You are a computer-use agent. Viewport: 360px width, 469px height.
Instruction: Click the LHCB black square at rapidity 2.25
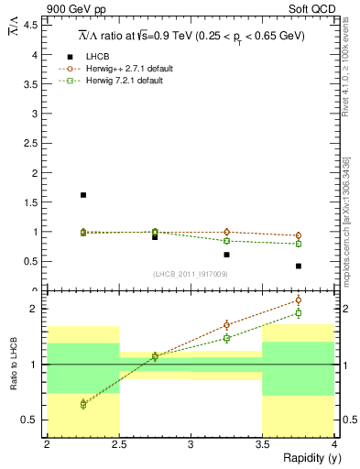83,195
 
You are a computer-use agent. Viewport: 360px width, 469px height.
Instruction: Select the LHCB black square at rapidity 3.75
299,266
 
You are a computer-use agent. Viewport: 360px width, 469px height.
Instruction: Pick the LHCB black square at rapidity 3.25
227,255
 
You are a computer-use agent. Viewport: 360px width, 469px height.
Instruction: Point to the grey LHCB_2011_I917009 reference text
191,274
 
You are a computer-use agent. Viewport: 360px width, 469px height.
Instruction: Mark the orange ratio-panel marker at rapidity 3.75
299,300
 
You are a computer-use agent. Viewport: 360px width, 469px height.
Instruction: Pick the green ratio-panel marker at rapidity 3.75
299,313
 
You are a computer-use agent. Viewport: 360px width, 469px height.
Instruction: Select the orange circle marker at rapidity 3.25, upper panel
227,233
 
